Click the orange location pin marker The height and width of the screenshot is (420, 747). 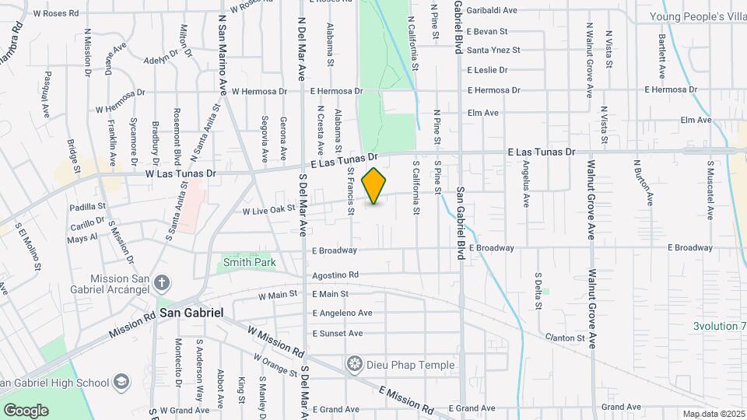tap(374, 186)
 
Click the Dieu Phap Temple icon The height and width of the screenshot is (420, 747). tap(356, 364)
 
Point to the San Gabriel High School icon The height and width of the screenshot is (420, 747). tap(121, 382)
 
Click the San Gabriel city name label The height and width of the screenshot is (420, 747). tap(192, 313)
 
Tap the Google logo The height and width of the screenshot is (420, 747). tap(25, 411)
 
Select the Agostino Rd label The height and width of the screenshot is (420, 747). tap(335, 275)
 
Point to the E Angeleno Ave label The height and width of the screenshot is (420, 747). tap(342, 313)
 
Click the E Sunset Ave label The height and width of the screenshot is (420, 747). tap(337, 334)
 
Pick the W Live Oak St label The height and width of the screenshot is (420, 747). tap(268, 209)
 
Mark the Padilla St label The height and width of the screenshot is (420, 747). tap(87, 207)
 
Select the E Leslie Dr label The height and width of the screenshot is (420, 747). tap(487, 70)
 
